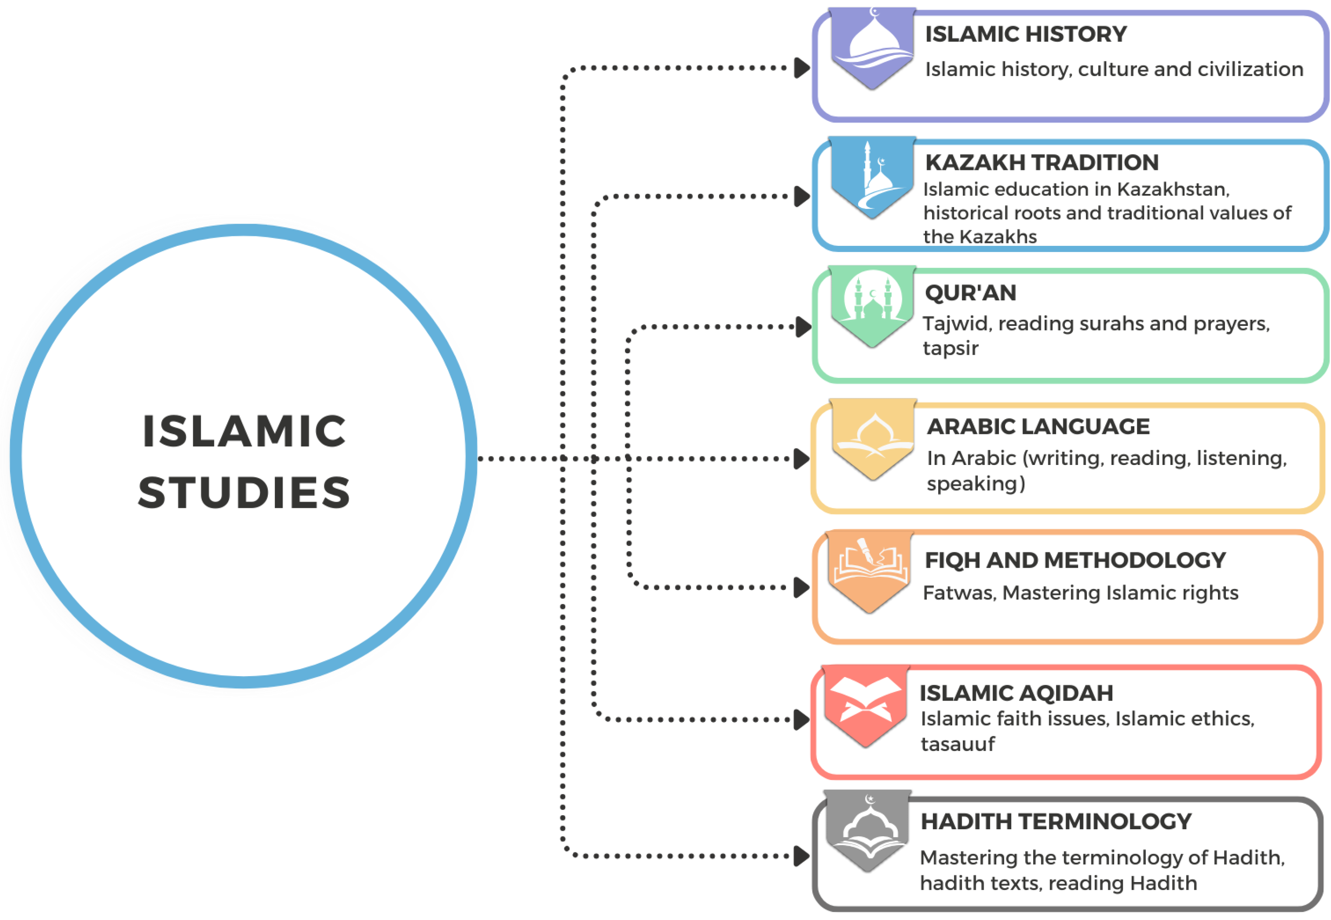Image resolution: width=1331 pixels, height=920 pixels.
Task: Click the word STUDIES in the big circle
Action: coord(244,493)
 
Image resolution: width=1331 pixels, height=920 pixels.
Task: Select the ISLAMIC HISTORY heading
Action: coord(1026,34)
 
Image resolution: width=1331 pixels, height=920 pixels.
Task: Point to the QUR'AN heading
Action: coord(970,293)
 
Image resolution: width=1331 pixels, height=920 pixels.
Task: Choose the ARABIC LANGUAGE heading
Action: coord(1038,427)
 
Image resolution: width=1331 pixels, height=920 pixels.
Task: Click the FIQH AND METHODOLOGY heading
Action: coord(1075,560)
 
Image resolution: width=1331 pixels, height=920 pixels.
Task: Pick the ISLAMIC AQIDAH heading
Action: coord(1016,693)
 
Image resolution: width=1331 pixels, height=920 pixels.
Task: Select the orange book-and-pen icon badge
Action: coord(870,571)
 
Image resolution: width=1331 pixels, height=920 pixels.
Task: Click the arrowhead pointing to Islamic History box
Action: coord(802,68)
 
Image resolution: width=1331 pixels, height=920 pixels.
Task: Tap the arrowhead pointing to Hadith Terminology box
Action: coord(802,856)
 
